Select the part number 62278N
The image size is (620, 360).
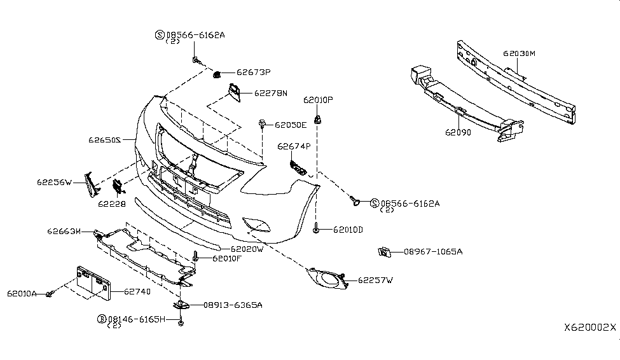click(271, 93)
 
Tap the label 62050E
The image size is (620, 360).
click(291, 125)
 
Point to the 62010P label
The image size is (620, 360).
click(318, 100)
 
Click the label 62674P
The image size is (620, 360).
click(294, 146)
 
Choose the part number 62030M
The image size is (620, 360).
click(519, 54)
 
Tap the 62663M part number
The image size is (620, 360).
click(64, 231)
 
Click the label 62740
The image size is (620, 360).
click(137, 291)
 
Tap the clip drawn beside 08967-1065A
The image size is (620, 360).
click(385, 251)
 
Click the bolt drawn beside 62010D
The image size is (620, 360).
click(316, 229)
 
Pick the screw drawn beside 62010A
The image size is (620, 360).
click(50, 294)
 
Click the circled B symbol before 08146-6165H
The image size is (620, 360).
click(101, 317)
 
